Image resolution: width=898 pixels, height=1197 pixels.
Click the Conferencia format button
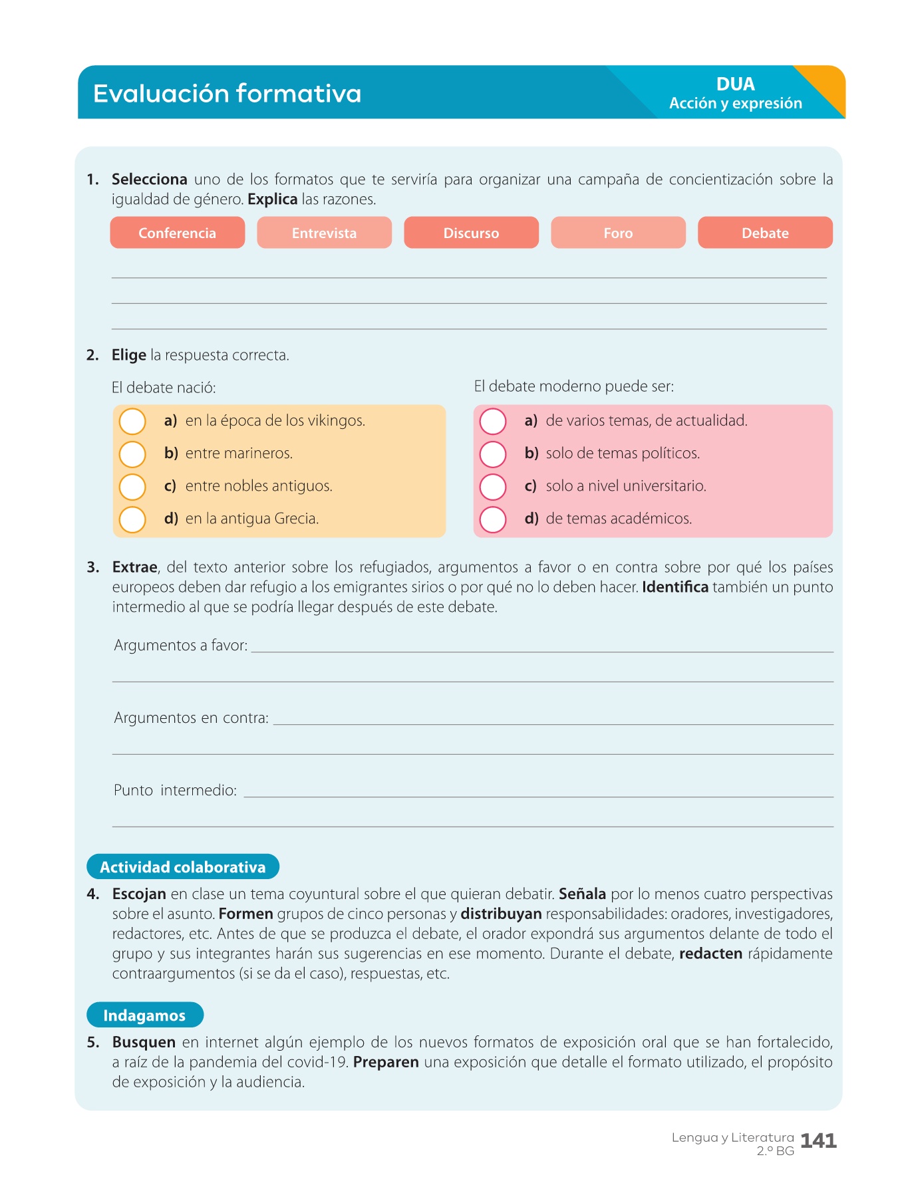click(x=177, y=233)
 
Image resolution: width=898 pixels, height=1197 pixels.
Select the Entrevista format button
click(x=324, y=233)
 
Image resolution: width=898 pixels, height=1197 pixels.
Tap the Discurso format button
click(x=471, y=233)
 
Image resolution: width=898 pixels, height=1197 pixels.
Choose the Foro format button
click(x=618, y=233)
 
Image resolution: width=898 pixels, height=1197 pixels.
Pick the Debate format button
click(x=765, y=233)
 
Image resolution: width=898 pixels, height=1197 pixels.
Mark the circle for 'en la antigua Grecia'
click(x=132, y=519)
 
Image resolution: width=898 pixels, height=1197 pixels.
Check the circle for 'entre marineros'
click(x=132, y=454)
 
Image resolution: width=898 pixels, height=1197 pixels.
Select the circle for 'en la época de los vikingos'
click(x=132, y=421)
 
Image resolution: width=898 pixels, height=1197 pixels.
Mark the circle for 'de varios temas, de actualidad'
click(x=493, y=421)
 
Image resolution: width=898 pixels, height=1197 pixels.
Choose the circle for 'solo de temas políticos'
click(x=493, y=454)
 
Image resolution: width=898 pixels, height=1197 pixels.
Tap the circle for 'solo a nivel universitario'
click(x=493, y=487)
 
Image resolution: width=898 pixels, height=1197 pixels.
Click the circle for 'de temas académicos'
click(x=493, y=519)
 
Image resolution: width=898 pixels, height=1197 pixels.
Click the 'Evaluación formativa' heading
click(x=227, y=94)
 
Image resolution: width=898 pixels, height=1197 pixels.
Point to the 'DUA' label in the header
click(x=735, y=84)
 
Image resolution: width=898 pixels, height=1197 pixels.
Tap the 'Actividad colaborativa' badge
click(x=183, y=866)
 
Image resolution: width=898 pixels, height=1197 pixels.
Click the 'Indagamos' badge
click(x=144, y=1015)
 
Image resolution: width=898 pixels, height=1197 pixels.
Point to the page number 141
click(x=818, y=1140)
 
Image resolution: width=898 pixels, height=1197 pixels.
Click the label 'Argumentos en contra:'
click(x=192, y=718)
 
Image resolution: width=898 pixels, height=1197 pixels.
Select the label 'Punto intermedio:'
click(x=176, y=791)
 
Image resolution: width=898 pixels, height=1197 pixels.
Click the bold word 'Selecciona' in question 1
click(x=150, y=180)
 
